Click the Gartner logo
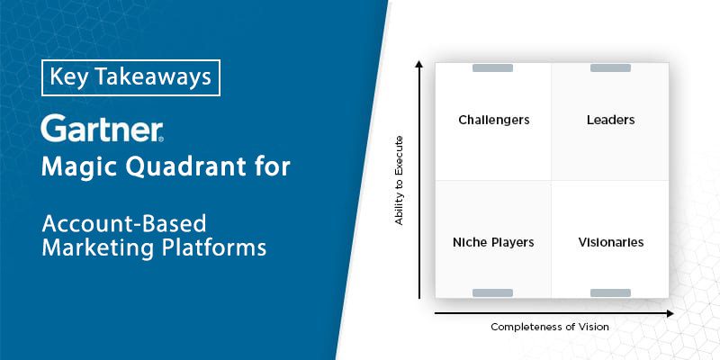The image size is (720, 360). click(x=102, y=128)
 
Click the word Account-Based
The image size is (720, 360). click(x=124, y=223)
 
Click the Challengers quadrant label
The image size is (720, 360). click(x=493, y=121)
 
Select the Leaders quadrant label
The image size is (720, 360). click(x=611, y=120)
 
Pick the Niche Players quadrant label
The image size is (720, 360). click(x=493, y=242)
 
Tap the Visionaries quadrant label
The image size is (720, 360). click(x=611, y=242)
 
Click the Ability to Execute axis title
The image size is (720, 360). click(x=399, y=181)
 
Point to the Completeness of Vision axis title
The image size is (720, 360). click(x=550, y=327)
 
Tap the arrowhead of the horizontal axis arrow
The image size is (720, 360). click(x=670, y=313)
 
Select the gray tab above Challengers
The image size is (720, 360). click(x=492, y=68)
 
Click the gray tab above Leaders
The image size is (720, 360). click(x=610, y=68)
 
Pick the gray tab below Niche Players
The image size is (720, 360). click(x=492, y=293)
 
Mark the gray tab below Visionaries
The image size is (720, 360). click(x=610, y=293)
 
